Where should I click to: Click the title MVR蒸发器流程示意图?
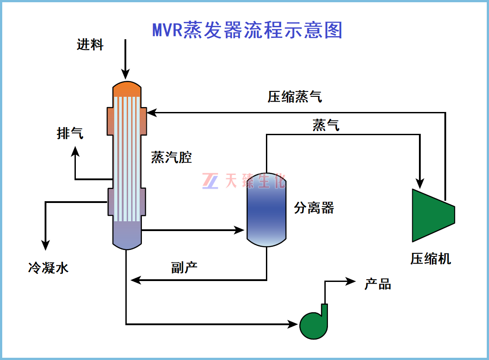click(x=247, y=30)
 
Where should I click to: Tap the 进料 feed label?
click(x=90, y=45)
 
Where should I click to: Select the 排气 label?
click(x=70, y=133)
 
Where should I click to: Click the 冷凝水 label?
click(x=49, y=268)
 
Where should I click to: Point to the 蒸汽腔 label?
click(x=171, y=157)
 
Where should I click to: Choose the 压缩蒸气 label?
click(x=294, y=97)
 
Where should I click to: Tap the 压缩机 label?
click(x=431, y=259)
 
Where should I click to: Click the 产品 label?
click(x=377, y=284)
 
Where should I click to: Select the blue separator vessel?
click(x=266, y=210)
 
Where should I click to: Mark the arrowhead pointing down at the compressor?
click(x=420, y=183)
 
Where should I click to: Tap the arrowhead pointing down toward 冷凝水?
click(x=46, y=244)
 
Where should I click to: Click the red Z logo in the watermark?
click(x=210, y=181)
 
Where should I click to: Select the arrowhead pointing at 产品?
click(x=351, y=281)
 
